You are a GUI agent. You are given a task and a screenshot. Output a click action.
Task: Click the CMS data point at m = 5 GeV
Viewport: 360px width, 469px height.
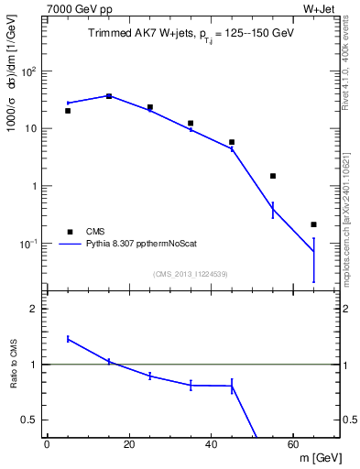coord(68,111)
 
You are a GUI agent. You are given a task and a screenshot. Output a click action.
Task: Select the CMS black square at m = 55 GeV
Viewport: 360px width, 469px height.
coord(273,176)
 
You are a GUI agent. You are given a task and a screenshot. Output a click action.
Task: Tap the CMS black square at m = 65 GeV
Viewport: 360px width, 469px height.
coord(313,224)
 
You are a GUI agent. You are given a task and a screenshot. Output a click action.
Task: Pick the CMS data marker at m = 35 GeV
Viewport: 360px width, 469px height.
coord(191,123)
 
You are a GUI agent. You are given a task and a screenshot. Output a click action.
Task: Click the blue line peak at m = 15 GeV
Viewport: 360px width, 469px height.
coord(109,95)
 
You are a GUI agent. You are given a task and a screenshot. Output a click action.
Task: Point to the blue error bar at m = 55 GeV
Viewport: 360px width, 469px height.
coord(273,210)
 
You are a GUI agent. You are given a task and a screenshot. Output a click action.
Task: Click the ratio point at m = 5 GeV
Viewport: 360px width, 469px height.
coord(68,339)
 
